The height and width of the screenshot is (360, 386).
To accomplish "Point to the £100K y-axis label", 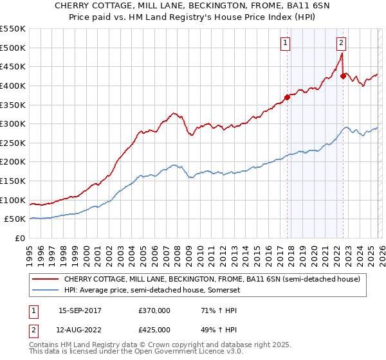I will (12, 200).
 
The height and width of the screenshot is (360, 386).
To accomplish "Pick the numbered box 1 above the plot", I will (285, 43).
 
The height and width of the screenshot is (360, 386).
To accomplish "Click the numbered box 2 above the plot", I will (341, 43).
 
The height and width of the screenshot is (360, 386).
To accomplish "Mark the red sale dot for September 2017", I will (287, 97).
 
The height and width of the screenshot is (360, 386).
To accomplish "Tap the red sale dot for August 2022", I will (343, 76).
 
